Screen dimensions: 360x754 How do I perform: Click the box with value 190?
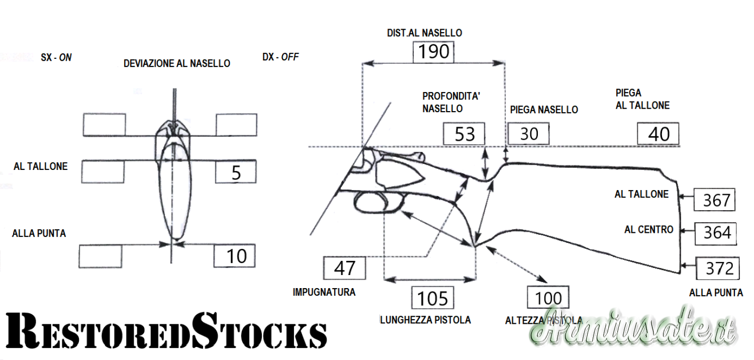[433, 52]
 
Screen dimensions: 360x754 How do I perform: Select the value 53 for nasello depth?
[464, 134]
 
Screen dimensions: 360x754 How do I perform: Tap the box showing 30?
[528, 134]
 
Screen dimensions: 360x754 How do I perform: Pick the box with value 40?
[658, 134]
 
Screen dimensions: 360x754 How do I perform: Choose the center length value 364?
[716, 233]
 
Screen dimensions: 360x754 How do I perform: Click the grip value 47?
[344, 268]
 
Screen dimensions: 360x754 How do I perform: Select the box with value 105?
[432, 298]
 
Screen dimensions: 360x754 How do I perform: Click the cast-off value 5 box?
[236, 172]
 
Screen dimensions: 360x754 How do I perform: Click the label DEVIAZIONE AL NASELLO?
[176, 64]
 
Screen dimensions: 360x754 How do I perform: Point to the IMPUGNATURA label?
[324, 292]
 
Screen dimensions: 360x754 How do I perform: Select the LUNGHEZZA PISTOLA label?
[425, 320]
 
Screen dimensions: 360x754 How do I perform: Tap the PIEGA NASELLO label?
[544, 110]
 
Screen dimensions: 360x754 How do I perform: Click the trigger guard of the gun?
[378, 203]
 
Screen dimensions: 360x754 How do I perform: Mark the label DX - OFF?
[280, 57]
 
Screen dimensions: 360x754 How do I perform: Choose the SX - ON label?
[56, 57]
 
